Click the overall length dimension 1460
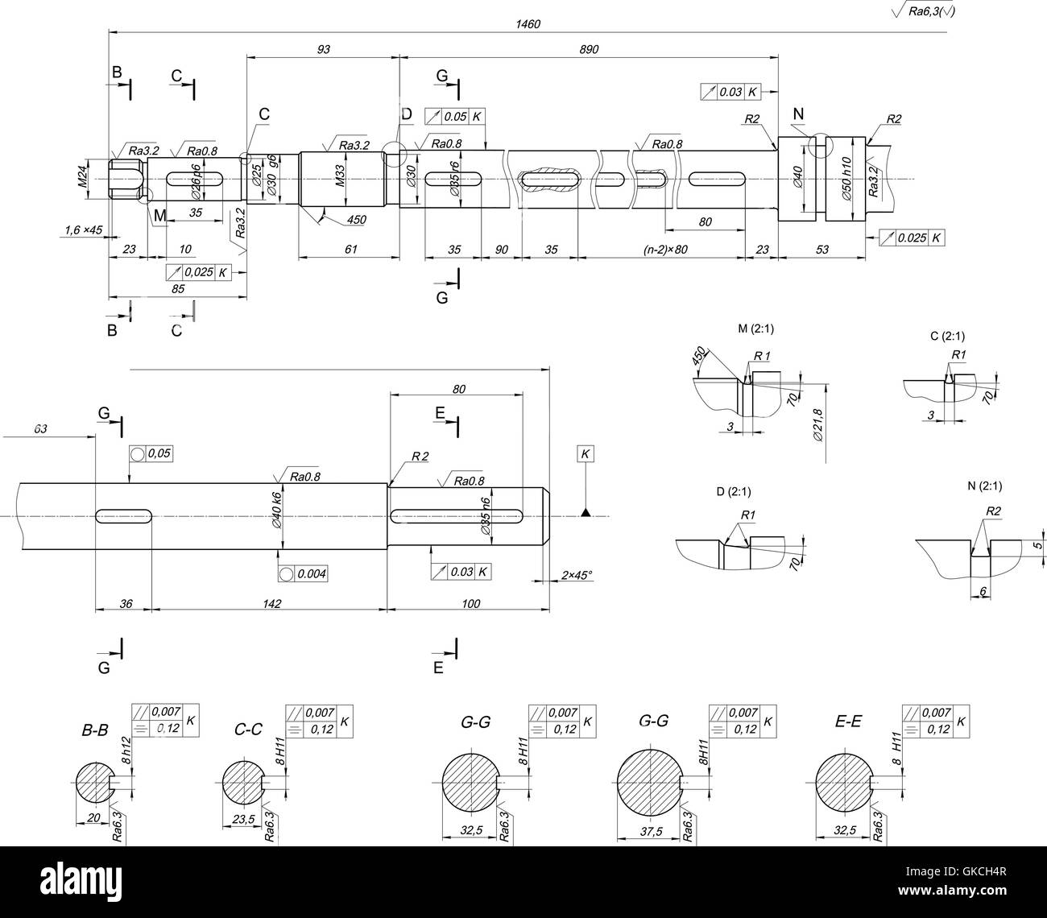pyautogui.click(x=528, y=24)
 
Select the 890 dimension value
pyautogui.click(x=589, y=50)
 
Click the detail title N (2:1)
pyautogui.click(x=984, y=486)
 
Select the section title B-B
pyautogui.click(x=94, y=730)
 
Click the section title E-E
pyautogui.click(x=848, y=722)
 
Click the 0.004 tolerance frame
pyautogui.click(x=302, y=573)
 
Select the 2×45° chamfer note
pyautogui.click(x=577, y=574)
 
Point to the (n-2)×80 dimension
pyautogui.click(x=664, y=250)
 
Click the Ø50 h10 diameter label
pyautogui.click(x=846, y=179)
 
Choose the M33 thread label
pyautogui.click(x=340, y=176)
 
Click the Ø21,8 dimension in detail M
pyautogui.click(x=817, y=425)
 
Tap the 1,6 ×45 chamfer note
pyautogui.click(x=83, y=230)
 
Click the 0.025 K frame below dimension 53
pyautogui.click(x=911, y=238)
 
